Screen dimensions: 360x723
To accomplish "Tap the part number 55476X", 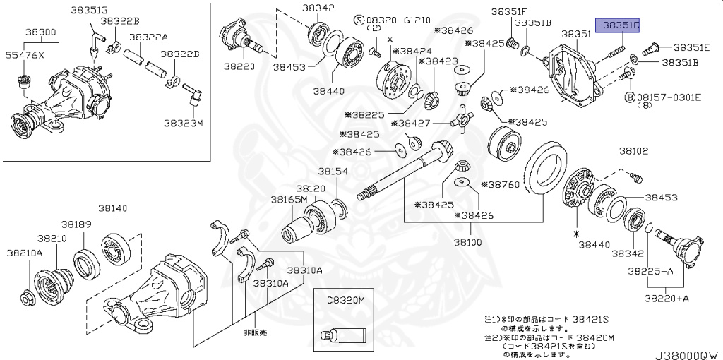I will point(25,54).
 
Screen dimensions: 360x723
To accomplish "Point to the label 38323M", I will point(184,123).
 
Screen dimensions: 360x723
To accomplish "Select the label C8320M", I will point(345,300).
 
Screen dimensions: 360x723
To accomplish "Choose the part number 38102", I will point(633,151).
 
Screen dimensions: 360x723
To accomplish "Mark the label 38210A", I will point(25,253).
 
